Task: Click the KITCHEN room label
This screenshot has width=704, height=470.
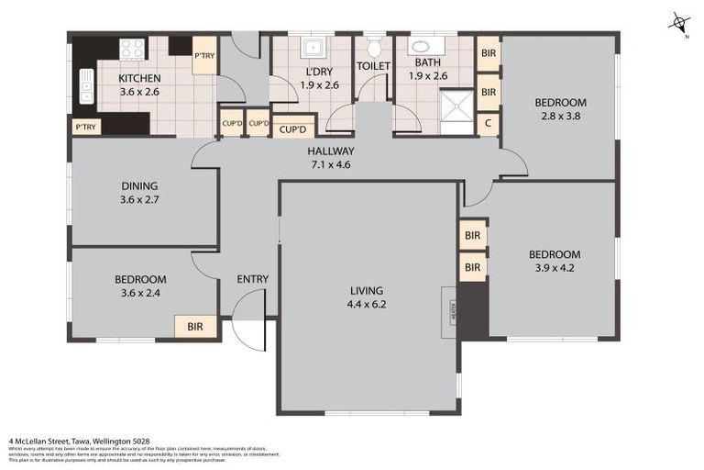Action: pos(139,78)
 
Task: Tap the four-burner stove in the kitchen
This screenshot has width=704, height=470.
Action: pos(132,48)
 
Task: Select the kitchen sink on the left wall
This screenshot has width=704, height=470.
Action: pos(87,85)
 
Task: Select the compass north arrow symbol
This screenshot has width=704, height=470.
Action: pos(679,23)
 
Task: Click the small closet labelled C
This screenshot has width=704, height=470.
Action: pos(488,123)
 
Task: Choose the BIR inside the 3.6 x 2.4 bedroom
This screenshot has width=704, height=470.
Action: pos(195,326)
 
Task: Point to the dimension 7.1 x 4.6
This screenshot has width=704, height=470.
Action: pos(330,165)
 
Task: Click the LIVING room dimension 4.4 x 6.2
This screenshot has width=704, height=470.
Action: pos(367,304)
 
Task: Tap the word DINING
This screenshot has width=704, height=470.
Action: pos(138,185)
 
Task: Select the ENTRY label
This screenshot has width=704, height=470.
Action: pos(252,279)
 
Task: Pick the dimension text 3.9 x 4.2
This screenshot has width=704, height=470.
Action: pos(554,269)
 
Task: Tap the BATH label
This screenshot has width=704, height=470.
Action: pos(427,62)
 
